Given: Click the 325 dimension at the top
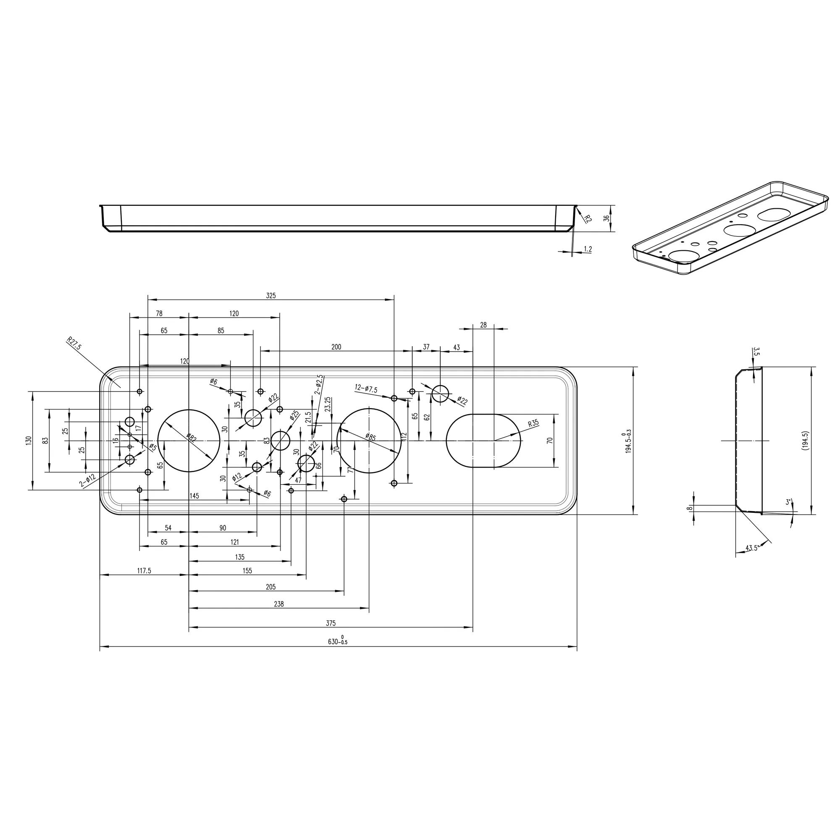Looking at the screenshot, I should (271, 296).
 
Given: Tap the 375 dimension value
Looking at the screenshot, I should (331, 623).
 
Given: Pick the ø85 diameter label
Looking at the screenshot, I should (370, 437).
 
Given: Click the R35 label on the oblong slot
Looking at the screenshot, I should (533, 424).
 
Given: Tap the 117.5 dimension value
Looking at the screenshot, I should (144, 571).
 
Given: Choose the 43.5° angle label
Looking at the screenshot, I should (751, 548).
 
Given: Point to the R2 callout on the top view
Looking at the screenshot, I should (588, 218).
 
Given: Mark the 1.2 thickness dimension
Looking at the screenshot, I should (588, 249).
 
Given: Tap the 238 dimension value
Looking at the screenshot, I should (279, 604).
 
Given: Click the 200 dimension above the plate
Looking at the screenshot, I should (336, 347).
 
